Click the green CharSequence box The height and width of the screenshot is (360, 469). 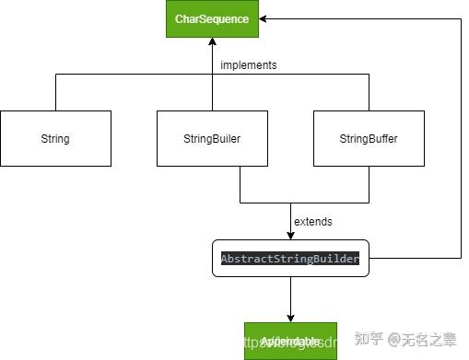(x=212, y=19)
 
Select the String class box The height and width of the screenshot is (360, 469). (x=55, y=139)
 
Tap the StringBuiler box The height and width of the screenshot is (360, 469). (x=212, y=139)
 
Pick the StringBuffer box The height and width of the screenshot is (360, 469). (x=369, y=139)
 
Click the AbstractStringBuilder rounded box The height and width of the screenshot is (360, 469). (x=290, y=259)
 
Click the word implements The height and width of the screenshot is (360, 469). (x=249, y=65)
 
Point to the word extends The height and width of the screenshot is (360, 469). (x=313, y=222)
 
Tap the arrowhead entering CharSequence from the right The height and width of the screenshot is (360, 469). (x=264, y=19)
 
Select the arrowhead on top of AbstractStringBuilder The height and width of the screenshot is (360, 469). (x=291, y=235)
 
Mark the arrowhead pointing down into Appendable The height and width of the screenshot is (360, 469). (x=291, y=318)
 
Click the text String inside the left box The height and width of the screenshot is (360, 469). (x=55, y=139)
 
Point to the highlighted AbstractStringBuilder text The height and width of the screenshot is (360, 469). (x=290, y=259)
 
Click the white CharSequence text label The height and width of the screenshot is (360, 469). (x=212, y=19)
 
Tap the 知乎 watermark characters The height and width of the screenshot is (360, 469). (x=369, y=342)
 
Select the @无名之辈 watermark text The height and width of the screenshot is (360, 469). (x=421, y=342)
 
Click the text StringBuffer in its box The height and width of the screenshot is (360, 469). (x=369, y=139)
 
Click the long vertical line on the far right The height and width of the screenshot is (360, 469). (x=460, y=138)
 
